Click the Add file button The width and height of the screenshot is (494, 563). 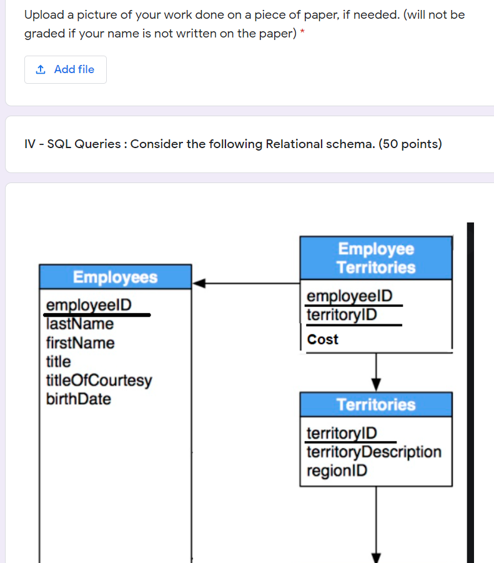pyautogui.click(x=66, y=69)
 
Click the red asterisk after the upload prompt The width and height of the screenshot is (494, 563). pyautogui.click(x=302, y=32)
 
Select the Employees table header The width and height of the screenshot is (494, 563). pyautogui.click(x=115, y=277)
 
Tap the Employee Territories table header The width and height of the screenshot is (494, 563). pyautogui.click(x=376, y=258)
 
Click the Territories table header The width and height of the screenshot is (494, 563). pyautogui.click(x=376, y=404)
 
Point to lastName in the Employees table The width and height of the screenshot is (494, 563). pyautogui.click(x=80, y=324)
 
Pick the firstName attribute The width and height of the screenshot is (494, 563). pyautogui.click(x=81, y=343)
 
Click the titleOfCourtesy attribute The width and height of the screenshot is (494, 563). pyautogui.click(x=99, y=381)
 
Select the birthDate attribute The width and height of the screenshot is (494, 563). pyautogui.click(x=79, y=399)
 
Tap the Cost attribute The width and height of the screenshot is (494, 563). pyautogui.click(x=323, y=339)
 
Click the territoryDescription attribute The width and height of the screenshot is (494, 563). pyautogui.click(x=373, y=452)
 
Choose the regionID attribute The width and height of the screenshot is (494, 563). pyautogui.click(x=337, y=471)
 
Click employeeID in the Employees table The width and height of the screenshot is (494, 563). pyautogui.click(x=89, y=305)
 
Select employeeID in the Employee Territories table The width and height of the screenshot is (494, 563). pyautogui.click(x=350, y=296)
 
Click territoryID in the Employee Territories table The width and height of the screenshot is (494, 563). pyautogui.click(x=342, y=314)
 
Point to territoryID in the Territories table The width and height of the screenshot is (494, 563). pyautogui.click(x=342, y=433)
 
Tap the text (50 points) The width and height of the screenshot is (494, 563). pyautogui.click(x=410, y=144)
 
